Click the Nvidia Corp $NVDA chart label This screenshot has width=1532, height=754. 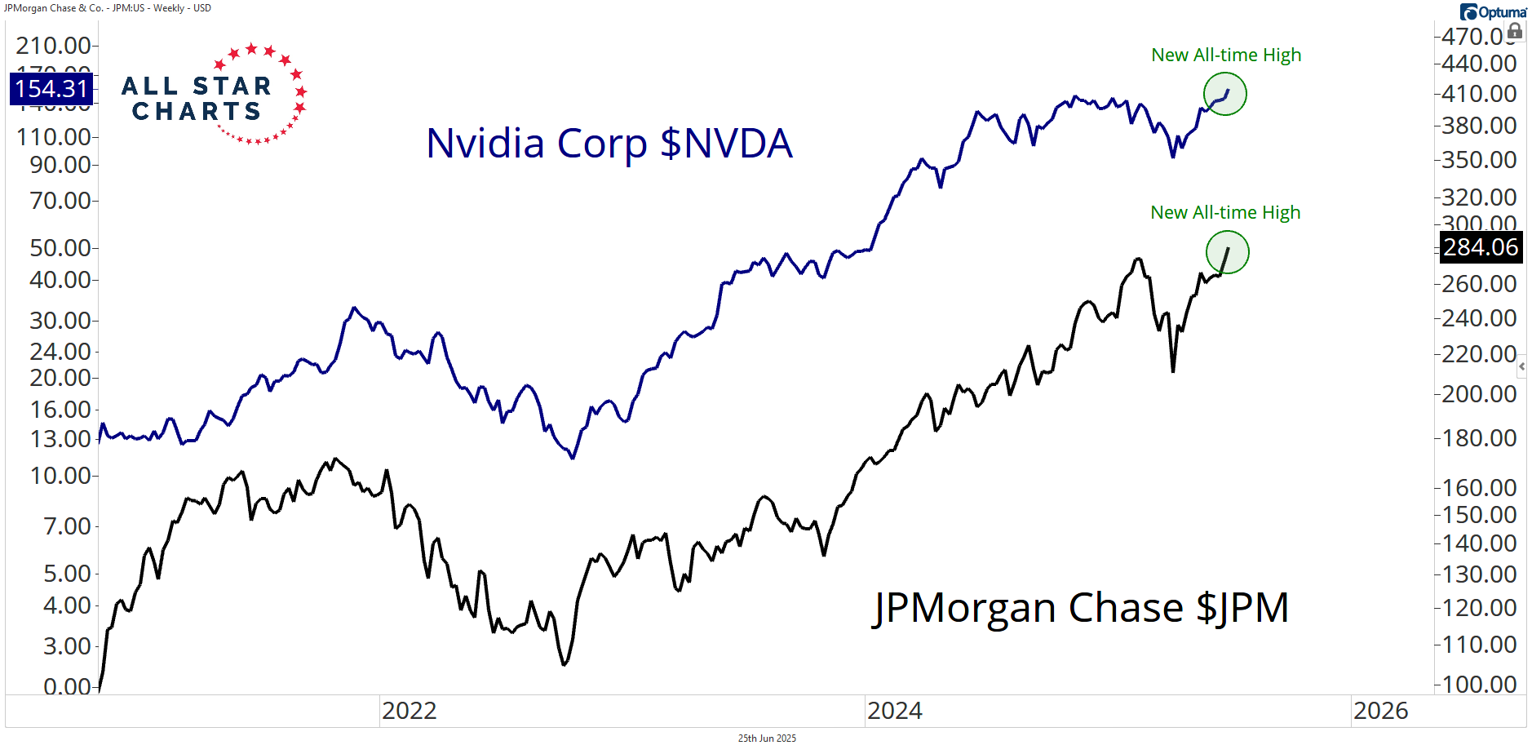click(x=609, y=144)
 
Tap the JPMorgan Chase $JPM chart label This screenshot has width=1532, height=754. click(x=1081, y=608)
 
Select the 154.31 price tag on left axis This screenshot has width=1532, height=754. click(x=51, y=89)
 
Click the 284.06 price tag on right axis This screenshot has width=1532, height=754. click(x=1481, y=247)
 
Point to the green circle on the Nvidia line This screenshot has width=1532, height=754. click(x=1224, y=94)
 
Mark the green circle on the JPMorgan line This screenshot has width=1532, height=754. click(x=1227, y=252)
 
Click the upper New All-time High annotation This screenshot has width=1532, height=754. click(x=1226, y=55)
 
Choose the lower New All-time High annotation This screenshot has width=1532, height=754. click(x=1225, y=213)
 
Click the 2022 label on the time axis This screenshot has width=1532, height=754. click(x=410, y=711)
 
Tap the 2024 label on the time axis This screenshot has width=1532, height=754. click(x=895, y=711)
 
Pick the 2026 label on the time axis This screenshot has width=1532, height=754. click(x=1380, y=711)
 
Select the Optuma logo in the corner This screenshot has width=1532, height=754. click(x=1493, y=12)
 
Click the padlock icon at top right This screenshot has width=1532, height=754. click(x=1515, y=31)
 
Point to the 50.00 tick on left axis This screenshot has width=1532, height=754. click(x=60, y=248)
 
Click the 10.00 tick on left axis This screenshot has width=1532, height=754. click(x=60, y=476)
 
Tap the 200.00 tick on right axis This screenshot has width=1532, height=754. click(x=1479, y=394)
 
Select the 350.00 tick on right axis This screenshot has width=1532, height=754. click(x=1479, y=160)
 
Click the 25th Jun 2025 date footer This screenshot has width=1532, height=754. click(x=767, y=738)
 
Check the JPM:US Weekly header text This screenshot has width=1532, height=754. click(x=108, y=8)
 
